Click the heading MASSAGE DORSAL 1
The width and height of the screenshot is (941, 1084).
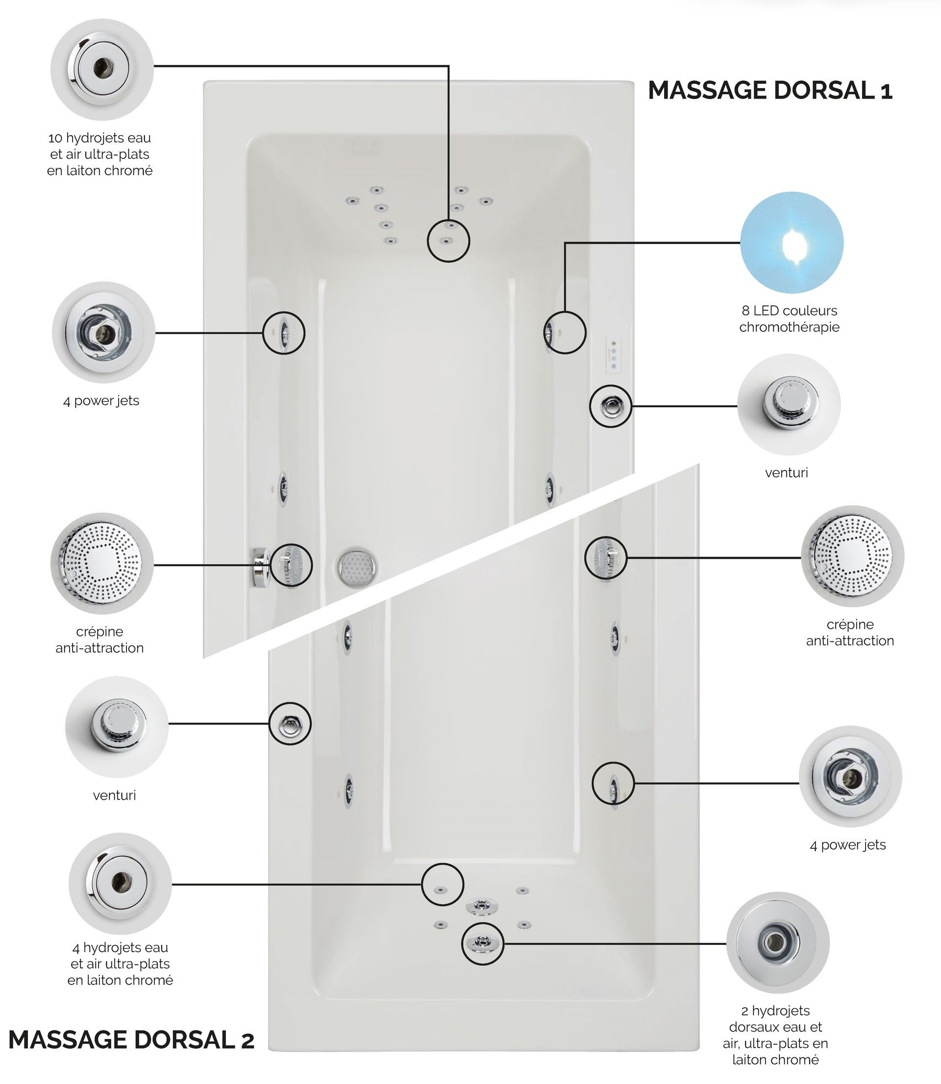[770, 90]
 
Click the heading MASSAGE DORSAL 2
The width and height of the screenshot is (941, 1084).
[131, 1039]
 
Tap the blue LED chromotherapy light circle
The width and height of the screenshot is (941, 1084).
[792, 243]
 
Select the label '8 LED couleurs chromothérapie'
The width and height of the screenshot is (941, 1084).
[789, 319]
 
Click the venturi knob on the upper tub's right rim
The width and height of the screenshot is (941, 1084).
[611, 405]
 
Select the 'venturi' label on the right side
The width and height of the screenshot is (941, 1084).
[786, 472]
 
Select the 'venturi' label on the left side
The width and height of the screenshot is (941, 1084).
[115, 795]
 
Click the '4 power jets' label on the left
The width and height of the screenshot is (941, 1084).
[101, 401]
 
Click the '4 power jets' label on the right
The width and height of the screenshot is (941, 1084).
[847, 845]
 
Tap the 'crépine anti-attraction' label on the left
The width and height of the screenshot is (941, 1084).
[100, 640]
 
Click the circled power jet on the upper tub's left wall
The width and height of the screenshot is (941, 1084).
[284, 332]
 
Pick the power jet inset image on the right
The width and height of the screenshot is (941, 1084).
[850, 777]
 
